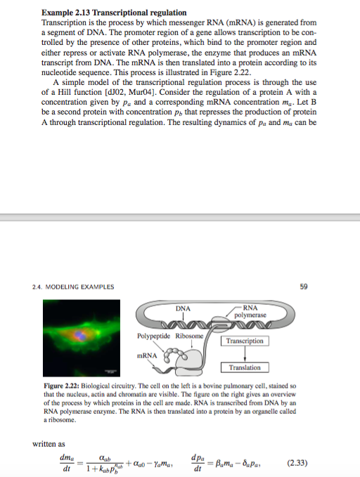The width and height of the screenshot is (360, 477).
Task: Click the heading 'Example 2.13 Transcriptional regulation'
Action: click(x=115, y=13)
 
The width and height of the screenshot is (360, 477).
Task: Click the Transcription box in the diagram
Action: click(x=245, y=341)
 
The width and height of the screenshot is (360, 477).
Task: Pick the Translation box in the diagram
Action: click(x=245, y=367)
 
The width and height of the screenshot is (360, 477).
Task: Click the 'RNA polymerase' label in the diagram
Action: click(x=250, y=311)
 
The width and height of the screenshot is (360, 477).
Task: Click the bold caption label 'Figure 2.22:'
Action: click(x=64, y=386)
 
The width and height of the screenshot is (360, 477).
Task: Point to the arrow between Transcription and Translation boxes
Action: click(x=244, y=354)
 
